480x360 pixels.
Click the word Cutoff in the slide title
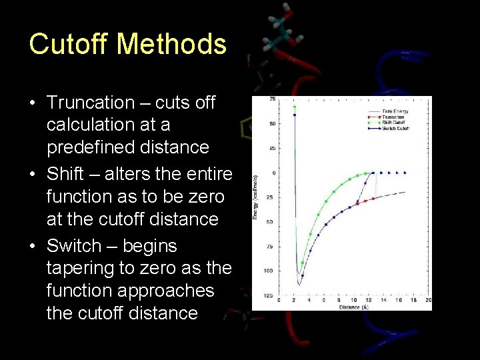tap(70, 44)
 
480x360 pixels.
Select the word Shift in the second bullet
tap(65, 175)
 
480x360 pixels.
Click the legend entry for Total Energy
tap(396, 111)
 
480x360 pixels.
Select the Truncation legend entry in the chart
tap(395, 117)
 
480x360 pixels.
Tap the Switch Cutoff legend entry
tap(396, 128)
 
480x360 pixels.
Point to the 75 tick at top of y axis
tap(273, 100)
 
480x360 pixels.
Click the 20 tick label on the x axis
tap(428, 301)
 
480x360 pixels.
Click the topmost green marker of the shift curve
tap(295, 107)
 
